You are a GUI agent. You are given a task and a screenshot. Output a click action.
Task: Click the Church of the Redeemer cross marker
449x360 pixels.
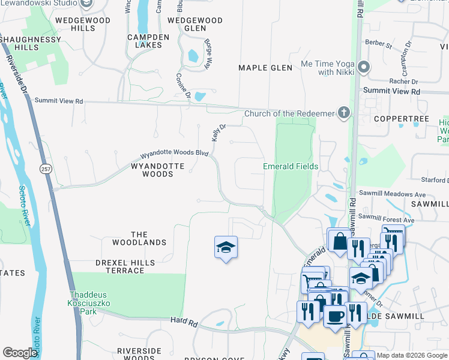pyautogui.click(x=344, y=113)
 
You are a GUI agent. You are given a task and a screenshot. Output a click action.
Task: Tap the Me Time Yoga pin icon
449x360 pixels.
pyautogui.click(x=363, y=67)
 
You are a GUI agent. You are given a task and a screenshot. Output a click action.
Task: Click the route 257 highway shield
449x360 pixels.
pyautogui.click(x=46, y=170)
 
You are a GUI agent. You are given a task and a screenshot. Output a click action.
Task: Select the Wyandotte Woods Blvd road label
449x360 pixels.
pyautogui.click(x=174, y=154)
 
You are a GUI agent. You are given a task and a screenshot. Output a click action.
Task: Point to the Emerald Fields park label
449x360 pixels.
pyautogui.click(x=291, y=166)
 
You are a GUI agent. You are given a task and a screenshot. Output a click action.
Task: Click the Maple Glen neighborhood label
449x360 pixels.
pyautogui.click(x=265, y=68)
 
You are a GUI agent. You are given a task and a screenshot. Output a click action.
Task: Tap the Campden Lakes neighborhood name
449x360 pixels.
pyautogui.click(x=145, y=41)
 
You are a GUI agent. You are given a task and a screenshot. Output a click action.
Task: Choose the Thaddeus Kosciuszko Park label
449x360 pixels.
pyautogui.click(x=92, y=299)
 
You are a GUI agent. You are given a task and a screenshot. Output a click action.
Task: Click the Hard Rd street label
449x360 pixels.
pyautogui.click(x=184, y=323)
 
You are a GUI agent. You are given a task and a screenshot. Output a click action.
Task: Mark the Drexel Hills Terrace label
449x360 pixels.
pyautogui.click(x=125, y=266)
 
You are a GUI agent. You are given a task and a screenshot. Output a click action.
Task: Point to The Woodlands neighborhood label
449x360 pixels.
pyautogui.click(x=139, y=238)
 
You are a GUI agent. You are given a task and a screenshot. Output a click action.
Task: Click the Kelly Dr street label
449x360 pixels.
pyautogui.click(x=218, y=133)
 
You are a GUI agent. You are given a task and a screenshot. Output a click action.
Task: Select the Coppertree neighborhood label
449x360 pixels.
pyautogui.click(x=401, y=119)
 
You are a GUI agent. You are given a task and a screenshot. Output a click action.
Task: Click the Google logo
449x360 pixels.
pyautogui.click(x=20, y=353)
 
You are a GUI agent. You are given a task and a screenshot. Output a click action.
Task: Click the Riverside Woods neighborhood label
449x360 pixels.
pyautogui.click(x=139, y=354)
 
